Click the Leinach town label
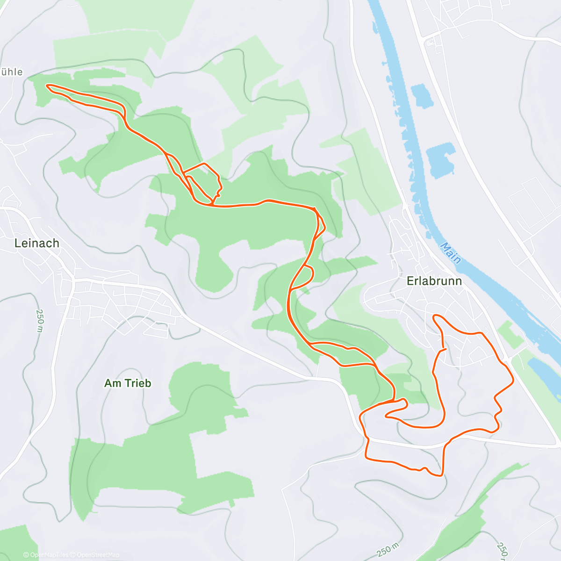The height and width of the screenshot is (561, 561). click(x=37, y=243)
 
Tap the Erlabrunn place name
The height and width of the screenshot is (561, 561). click(x=434, y=281)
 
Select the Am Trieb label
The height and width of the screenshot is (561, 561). click(x=128, y=383)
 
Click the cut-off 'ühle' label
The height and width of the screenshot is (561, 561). click(x=11, y=72)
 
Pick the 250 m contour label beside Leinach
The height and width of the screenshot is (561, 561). click(x=39, y=320)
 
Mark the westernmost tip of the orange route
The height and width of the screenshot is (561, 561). click(x=46, y=86)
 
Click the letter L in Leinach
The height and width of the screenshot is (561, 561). click(x=18, y=243)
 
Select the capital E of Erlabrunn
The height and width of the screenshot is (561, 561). click(x=410, y=281)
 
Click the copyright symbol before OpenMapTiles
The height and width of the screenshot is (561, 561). click(x=26, y=555)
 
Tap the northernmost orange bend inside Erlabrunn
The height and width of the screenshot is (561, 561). click(x=437, y=316)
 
